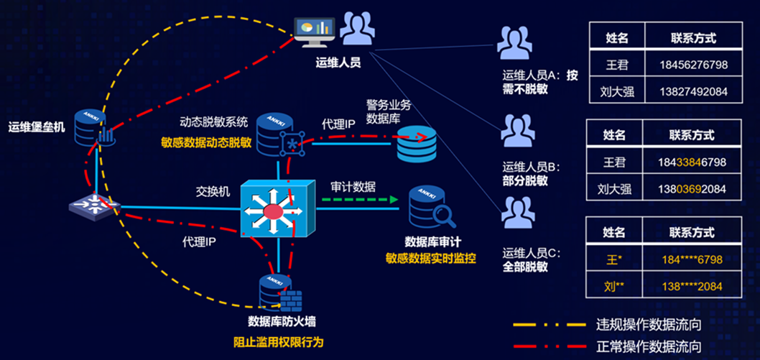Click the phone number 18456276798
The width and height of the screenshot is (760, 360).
tap(692, 65)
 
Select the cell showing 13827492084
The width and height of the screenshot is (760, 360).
tap(692, 91)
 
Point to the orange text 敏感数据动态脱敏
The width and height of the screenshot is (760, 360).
tap(205, 142)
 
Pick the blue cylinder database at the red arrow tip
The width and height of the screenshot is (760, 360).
tap(416, 144)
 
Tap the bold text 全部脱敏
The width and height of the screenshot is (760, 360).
tap(525, 267)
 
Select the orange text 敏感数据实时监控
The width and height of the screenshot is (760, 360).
tap(430, 257)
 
